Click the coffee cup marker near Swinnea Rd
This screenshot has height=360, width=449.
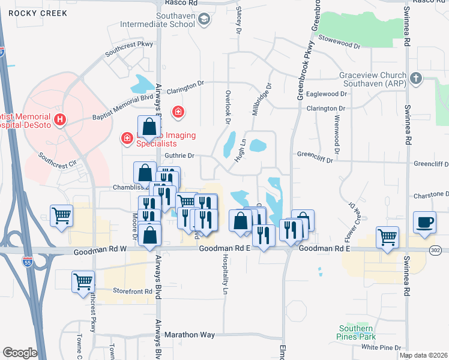[x=425, y=222]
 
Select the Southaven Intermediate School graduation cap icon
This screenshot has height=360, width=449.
[x=204, y=20]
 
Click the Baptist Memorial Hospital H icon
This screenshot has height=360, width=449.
[x=60, y=120]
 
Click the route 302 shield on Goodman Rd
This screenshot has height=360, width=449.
[x=436, y=250]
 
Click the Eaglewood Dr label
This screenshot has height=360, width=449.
[x=327, y=94]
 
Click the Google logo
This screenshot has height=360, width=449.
[x=20, y=352]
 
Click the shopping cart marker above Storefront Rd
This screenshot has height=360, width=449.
[x=83, y=281]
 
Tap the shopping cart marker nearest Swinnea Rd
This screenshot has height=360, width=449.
[x=387, y=237]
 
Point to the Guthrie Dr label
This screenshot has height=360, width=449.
[x=180, y=156]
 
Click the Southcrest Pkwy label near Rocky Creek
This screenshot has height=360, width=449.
[x=129, y=49]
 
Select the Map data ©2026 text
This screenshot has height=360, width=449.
[x=423, y=355]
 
